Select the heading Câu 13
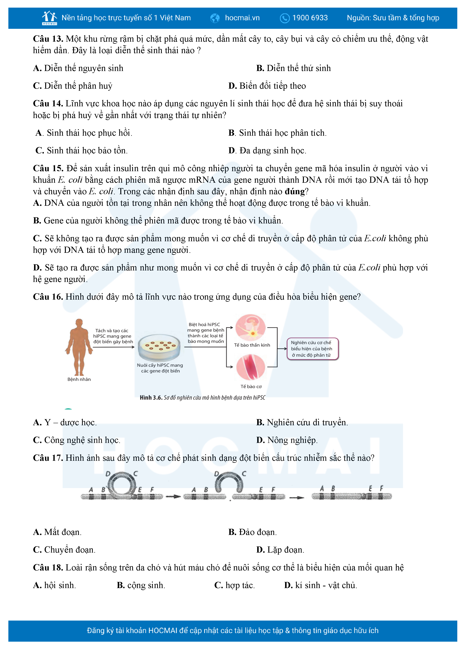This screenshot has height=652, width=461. (x=48, y=39)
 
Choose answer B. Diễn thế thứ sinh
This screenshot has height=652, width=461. (x=293, y=68)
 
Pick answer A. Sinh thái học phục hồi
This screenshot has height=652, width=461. (x=84, y=133)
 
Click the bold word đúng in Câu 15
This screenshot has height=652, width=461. (x=295, y=191)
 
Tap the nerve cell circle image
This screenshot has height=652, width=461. (x=250, y=328)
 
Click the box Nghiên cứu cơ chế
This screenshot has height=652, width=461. (x=312, y=349)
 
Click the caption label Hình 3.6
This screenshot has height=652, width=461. (x=151, y=398)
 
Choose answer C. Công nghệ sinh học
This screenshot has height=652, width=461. (x=77, y=440)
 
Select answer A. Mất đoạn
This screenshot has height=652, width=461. (x=57, y=532)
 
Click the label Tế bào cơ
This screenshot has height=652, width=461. (x=251, y=386)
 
